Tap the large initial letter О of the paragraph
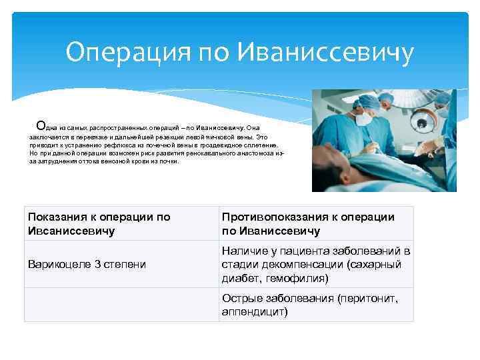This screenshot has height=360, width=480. point(41,125)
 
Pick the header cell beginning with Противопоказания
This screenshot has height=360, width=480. point(316,223)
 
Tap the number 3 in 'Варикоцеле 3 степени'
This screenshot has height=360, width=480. point(98,264)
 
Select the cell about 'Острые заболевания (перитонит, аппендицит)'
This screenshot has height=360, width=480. point(316,305)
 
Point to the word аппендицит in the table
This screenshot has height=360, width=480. point(254,311)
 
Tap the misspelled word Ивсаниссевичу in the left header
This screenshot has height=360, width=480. point(71,231)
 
